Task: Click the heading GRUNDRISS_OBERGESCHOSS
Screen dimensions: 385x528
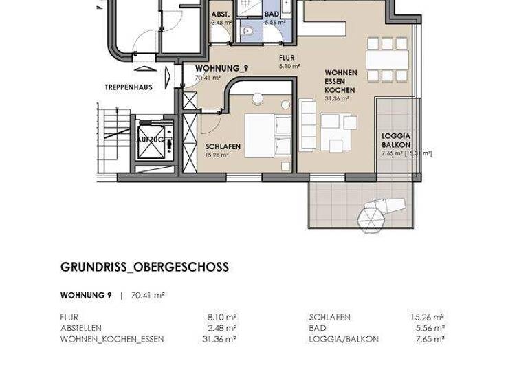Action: click(x=144, y=267)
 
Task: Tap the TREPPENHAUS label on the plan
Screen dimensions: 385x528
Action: click(x=129, y=87)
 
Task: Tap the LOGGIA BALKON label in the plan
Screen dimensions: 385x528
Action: click(x=396, y=140)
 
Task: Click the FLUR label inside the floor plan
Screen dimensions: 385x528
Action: click(x=286, y=59)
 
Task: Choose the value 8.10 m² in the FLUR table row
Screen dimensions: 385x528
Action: click(x=222, y=317)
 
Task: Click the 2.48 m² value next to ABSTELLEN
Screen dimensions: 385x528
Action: click(x=222, y=328)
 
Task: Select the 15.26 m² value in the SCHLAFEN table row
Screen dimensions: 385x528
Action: click(x=426, y=317)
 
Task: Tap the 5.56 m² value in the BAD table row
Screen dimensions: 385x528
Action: click(x=428, y=328)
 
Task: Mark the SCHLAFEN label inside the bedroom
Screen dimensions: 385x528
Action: click(x=222, y=146)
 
